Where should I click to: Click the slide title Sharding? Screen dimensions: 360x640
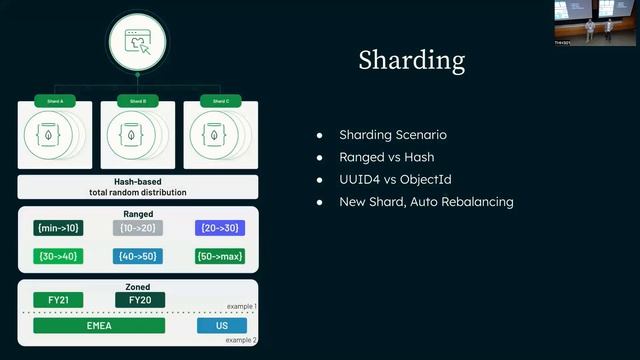click(411, 61)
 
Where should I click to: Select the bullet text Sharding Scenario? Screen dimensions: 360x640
click(392, 135)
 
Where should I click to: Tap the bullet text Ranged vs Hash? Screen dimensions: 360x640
click(384, 157)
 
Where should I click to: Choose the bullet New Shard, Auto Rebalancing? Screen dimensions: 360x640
click(426, 201)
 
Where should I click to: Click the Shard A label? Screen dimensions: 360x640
click(55, 101)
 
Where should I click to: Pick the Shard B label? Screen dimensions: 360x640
click(138, 101)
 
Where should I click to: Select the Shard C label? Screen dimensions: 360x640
click(220, 101)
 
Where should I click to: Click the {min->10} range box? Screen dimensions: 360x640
click(58, 228)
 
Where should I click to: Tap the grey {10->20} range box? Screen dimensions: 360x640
click(138, 228)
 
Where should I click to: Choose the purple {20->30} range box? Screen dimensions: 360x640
click(220, 228)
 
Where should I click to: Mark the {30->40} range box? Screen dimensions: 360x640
click(58, 256)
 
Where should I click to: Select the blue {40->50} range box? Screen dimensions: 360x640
click(138, 256)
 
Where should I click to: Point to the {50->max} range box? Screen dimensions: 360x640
click(220, 256)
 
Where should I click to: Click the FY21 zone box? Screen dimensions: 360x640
click(58, 300)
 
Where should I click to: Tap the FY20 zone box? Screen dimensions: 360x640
click(140, 300)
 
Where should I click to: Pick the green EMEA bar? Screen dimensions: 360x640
click(99, 325)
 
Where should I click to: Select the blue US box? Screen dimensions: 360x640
click(221, 325)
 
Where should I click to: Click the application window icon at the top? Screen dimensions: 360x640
click(138, 42)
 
